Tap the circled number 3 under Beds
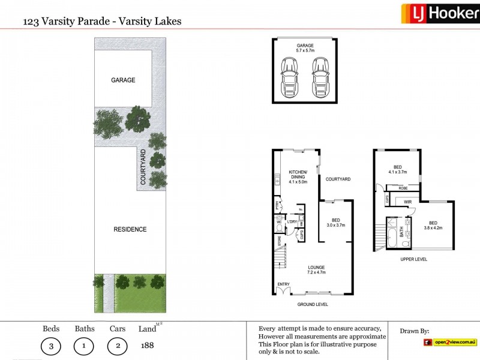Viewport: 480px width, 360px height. pos(50,346)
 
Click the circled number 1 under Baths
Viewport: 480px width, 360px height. pos(83,346)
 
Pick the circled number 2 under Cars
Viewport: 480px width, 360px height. pos(117,346)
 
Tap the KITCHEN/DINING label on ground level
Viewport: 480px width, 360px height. pos(298,176)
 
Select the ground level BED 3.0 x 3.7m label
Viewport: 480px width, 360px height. pos(335,223)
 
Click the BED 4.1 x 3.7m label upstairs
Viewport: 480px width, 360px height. pos(397,169)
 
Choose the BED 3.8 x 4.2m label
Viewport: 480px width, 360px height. pos(433,225)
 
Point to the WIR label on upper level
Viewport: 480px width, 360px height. pos(407,202)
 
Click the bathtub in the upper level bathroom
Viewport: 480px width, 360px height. pos(392,230)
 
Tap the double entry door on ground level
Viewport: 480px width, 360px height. pos(282,291)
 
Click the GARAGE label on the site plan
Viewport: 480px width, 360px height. pos(122,80)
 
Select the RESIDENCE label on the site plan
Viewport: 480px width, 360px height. pos(130,229)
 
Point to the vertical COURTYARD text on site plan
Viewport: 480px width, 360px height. pos(143,168)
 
